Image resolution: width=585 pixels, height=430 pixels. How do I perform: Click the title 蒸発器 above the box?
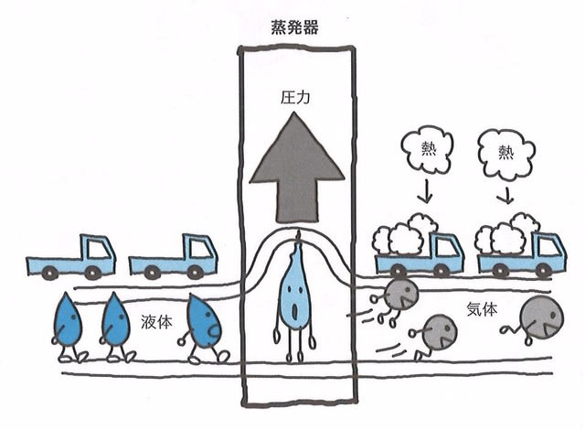[294, 28]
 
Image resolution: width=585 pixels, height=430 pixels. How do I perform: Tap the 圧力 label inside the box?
[295, 98]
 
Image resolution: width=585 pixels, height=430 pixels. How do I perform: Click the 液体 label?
[156, 322]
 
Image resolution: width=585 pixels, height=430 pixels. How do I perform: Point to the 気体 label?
[482, 309]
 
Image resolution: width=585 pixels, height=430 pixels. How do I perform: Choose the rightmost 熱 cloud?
[506, 153]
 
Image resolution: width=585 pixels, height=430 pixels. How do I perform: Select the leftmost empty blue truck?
[71, 257]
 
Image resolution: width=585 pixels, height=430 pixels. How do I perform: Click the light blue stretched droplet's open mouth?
[295, 311]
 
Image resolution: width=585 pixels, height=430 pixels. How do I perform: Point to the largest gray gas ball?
[541, 317]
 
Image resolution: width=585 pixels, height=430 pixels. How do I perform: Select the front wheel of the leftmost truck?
[91, 272]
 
